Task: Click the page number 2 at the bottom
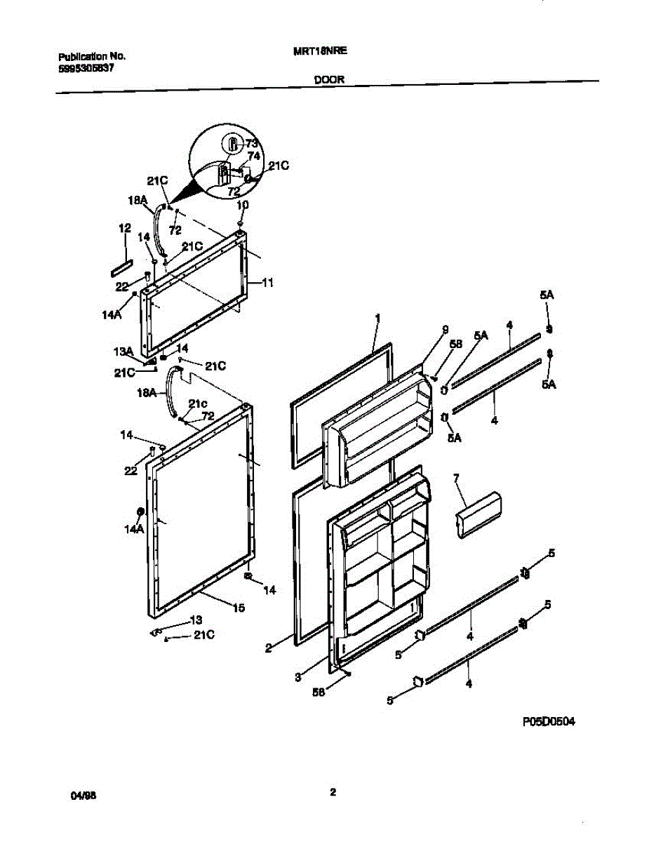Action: (333, 793)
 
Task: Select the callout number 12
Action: (124, 228)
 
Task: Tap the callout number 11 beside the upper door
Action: (267, 283)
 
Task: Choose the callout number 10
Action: (242, 205)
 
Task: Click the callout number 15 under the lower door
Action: (239, 608)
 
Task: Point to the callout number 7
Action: (455, 479)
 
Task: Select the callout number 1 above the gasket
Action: (377, 318)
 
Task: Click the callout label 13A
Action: (123, 352)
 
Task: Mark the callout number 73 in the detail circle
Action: (252, 144)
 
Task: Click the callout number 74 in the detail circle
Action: (253, 156)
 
